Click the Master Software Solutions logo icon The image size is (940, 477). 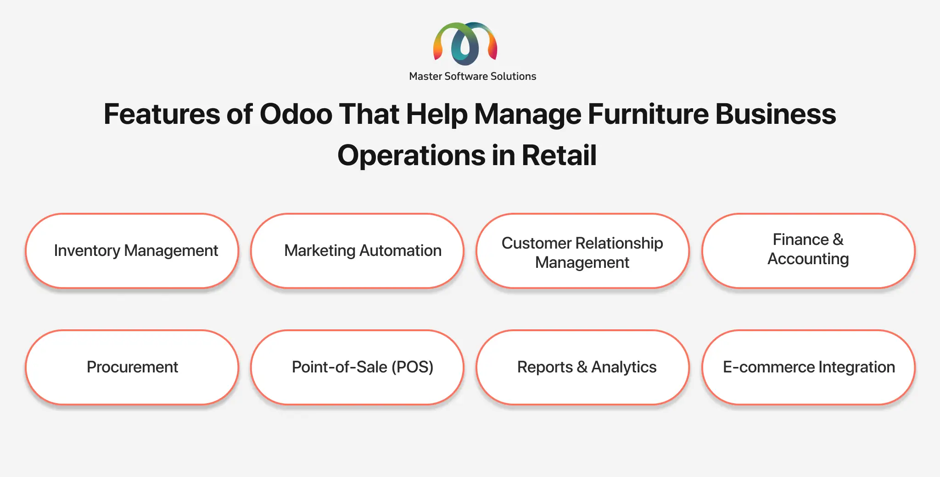pos(465,44)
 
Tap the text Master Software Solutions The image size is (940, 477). pos(472,76)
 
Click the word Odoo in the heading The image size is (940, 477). pos(296,114)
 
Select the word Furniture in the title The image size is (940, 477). pos(648,114)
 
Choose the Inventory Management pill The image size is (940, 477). pos(132,251)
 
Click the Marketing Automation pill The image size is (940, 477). pos(358,251)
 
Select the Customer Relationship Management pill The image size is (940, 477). pos(583,251)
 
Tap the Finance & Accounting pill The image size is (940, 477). pos(809,251)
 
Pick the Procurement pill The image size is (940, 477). pos(132,367)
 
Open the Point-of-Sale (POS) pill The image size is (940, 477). pos(358,367)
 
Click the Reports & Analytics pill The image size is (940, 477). pos(583,367)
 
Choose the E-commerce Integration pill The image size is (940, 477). pos(809,367)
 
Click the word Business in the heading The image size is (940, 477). pos(776,114)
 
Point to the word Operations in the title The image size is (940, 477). pos(411,155)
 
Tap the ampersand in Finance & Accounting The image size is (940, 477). pos(838,239)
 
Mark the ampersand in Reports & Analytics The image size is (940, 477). pos(582,367)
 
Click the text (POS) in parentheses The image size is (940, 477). pos(412,367)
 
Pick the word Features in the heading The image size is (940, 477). pos(162,114)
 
